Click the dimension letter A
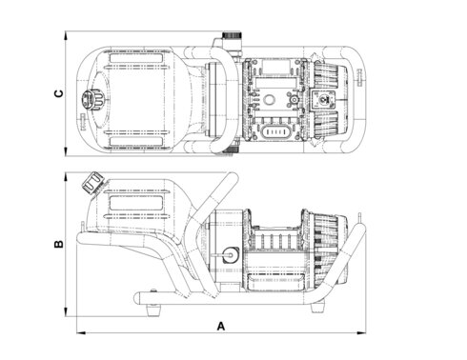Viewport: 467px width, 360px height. [221, 326]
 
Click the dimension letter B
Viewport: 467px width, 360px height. [59, 244]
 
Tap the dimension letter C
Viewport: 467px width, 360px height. [59, 93]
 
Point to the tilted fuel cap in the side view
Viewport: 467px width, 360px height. [92, 183]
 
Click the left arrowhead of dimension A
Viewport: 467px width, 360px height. [81, 333]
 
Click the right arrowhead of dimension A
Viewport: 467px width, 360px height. [361, 333]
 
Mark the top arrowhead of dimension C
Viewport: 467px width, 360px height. [66, 35]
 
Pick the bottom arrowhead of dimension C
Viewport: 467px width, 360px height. [66, 151]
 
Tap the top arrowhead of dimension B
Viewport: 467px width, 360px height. [66, 177]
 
